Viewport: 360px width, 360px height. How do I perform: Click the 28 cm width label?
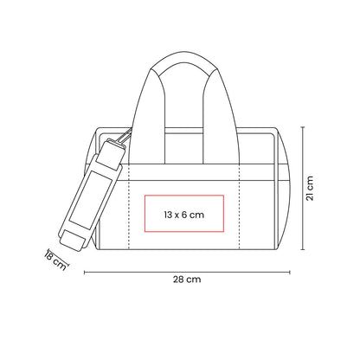click(x=187, y=280)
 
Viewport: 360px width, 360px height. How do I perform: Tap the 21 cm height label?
click(x=310, y=188)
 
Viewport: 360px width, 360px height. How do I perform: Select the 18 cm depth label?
click(x=55, y=260)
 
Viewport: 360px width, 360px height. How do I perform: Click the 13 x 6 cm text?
click(x=184, y=215)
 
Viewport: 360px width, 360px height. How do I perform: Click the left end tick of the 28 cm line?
click(x=84, y=272)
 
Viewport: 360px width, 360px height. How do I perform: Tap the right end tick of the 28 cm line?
click(x=290, y=272)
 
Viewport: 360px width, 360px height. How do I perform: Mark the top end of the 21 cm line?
click(x=303, y=127)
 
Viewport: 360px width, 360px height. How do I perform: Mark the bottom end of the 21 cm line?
click(x=303, y=249)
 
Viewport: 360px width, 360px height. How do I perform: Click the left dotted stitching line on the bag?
click(x=129, y=207)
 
